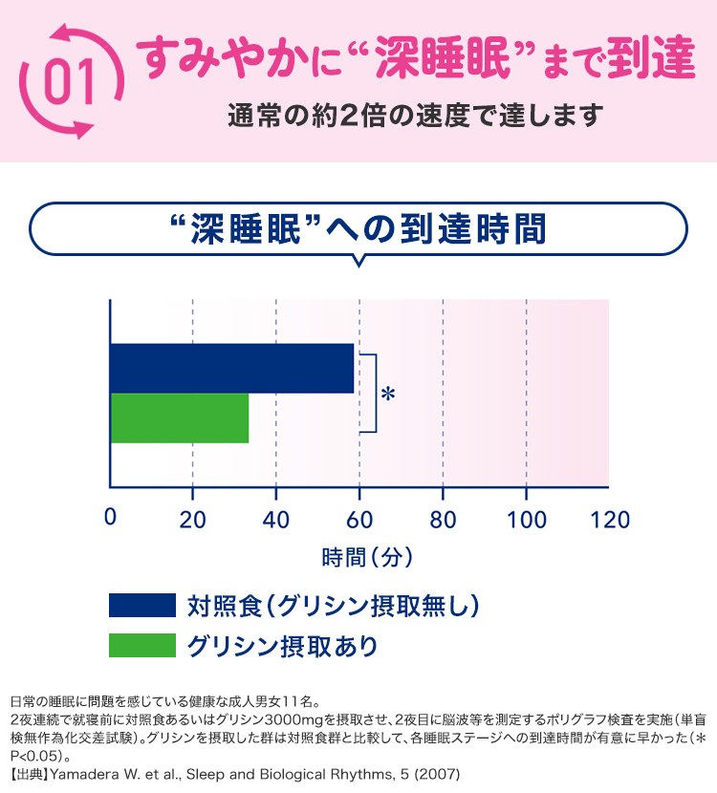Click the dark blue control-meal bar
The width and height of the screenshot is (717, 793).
[232, 368]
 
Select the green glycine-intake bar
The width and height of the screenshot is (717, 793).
[180, 418]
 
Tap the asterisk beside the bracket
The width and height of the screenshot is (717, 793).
[387, 394]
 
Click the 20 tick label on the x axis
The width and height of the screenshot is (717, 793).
[193, 519]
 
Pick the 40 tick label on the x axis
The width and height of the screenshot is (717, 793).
[276, 519]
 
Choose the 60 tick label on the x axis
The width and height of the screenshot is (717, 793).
[359, 519]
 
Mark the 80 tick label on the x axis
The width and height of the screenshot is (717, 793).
[443, 519]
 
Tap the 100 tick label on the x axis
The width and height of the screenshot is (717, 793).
[527, 519]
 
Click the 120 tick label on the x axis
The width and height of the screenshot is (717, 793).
[609, 519]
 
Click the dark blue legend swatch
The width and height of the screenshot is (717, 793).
[142, 606]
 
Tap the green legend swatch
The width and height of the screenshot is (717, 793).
[142, 645]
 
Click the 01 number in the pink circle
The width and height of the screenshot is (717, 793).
[70, 81]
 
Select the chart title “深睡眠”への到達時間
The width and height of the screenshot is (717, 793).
[356, 229]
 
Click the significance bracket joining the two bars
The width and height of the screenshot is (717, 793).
[372, 393]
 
